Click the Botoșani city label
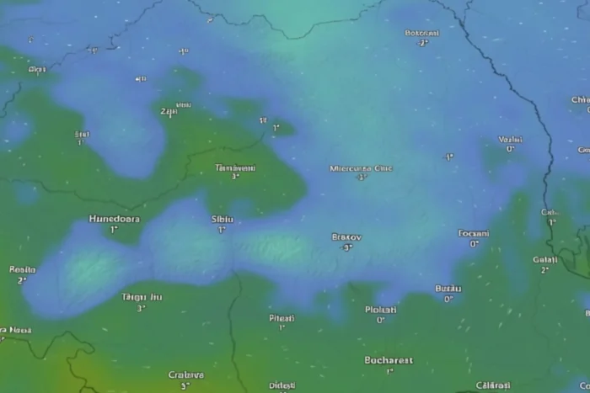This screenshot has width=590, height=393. [x=422, y=34]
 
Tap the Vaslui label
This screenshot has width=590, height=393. [x=510, y=140]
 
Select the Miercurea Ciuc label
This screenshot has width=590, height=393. [x=361, y=168]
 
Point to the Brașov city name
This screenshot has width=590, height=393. [x=346, y=237]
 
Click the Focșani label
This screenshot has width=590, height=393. [x=474, y=233]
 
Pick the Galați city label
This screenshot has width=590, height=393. [x=545, y=260]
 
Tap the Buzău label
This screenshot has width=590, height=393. [x=448, y=289]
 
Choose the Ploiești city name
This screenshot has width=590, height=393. [x=380, y=310]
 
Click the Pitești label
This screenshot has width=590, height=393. [x=282, y=318]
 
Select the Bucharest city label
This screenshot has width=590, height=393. [x=389, y=360]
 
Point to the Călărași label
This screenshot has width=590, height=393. [x=493, y=385]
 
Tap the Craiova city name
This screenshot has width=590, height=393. [x=185, y=375]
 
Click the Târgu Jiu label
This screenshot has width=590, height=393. [x=142, y=297]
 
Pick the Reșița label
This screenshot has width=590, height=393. [x=22, y=270]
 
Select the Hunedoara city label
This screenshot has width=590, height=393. [x=115, y=219]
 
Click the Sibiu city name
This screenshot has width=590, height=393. [x=222, y=219]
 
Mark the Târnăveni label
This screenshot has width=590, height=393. [x=235, y=167]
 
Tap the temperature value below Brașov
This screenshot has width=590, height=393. [x=346, y=248]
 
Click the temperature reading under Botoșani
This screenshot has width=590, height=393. [x=422, y=44]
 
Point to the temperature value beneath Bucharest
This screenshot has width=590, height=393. [x=389, y=371]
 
